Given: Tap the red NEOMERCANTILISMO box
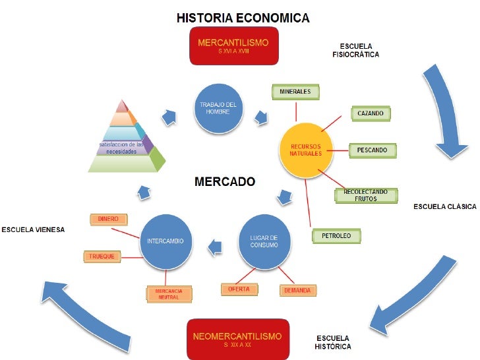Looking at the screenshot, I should tap(237, 339).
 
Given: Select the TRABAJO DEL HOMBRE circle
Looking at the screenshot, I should tap(221, 109).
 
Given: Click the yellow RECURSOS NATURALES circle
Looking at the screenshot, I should tap(305, 149).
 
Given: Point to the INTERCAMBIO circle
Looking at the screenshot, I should tap(166, 241).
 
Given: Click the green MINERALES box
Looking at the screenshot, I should tap(295, 92).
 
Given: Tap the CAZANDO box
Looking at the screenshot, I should tap(371, 113).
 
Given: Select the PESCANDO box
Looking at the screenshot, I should tap(373, 150).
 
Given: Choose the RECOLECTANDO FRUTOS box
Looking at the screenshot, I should tap(370, 195).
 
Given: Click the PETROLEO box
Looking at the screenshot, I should tap(336, 235).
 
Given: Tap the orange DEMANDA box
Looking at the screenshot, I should tap(297, 289).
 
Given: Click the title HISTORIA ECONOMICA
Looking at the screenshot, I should tap(243, 18).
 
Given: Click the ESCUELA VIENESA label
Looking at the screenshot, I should tap(33, 230).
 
